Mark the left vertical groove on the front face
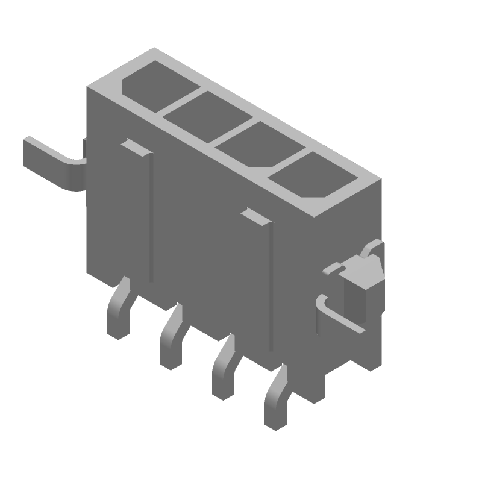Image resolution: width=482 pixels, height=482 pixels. tap(151, 217)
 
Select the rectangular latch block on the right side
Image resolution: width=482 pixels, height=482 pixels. tap(361, 283)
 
